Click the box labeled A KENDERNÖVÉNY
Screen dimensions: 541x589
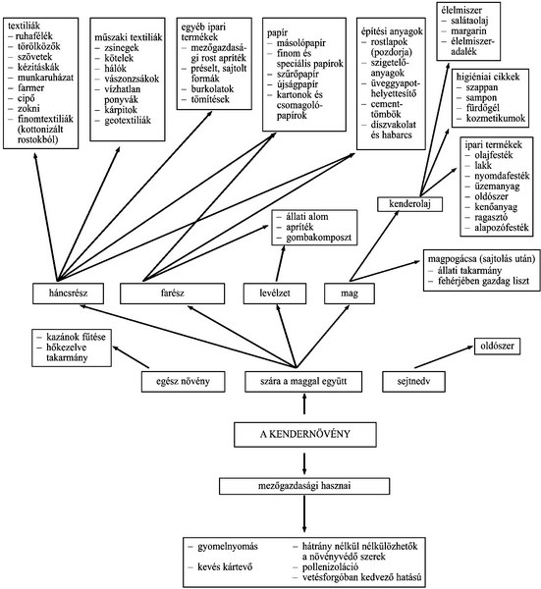click(304, 434)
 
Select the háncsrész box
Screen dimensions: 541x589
click(68, 294)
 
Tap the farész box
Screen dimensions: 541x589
click(173, 294)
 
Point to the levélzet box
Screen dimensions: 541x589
click(275, 294)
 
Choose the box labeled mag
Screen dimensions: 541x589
click(350, 294)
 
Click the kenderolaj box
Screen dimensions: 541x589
click(409, 204)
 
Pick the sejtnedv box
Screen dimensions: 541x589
click(413, 382)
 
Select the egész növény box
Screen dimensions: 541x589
click(183, 382)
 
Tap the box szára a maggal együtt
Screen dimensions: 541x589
click(303, 382)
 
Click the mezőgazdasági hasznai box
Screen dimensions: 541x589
click(304, 486)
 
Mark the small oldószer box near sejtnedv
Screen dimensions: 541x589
click(497, 346)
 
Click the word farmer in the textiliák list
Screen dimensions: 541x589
click(30, 88)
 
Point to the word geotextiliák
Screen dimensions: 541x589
click(128, 120)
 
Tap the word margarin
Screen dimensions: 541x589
click(468, 31)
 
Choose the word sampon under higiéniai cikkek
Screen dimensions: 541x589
click(481, 98)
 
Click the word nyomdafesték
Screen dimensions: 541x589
click(502, 176)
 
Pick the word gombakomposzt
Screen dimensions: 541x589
click(318, 238)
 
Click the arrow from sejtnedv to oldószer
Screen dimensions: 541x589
click(444, 357)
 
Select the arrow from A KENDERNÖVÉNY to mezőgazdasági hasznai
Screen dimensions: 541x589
click(304, 463)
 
